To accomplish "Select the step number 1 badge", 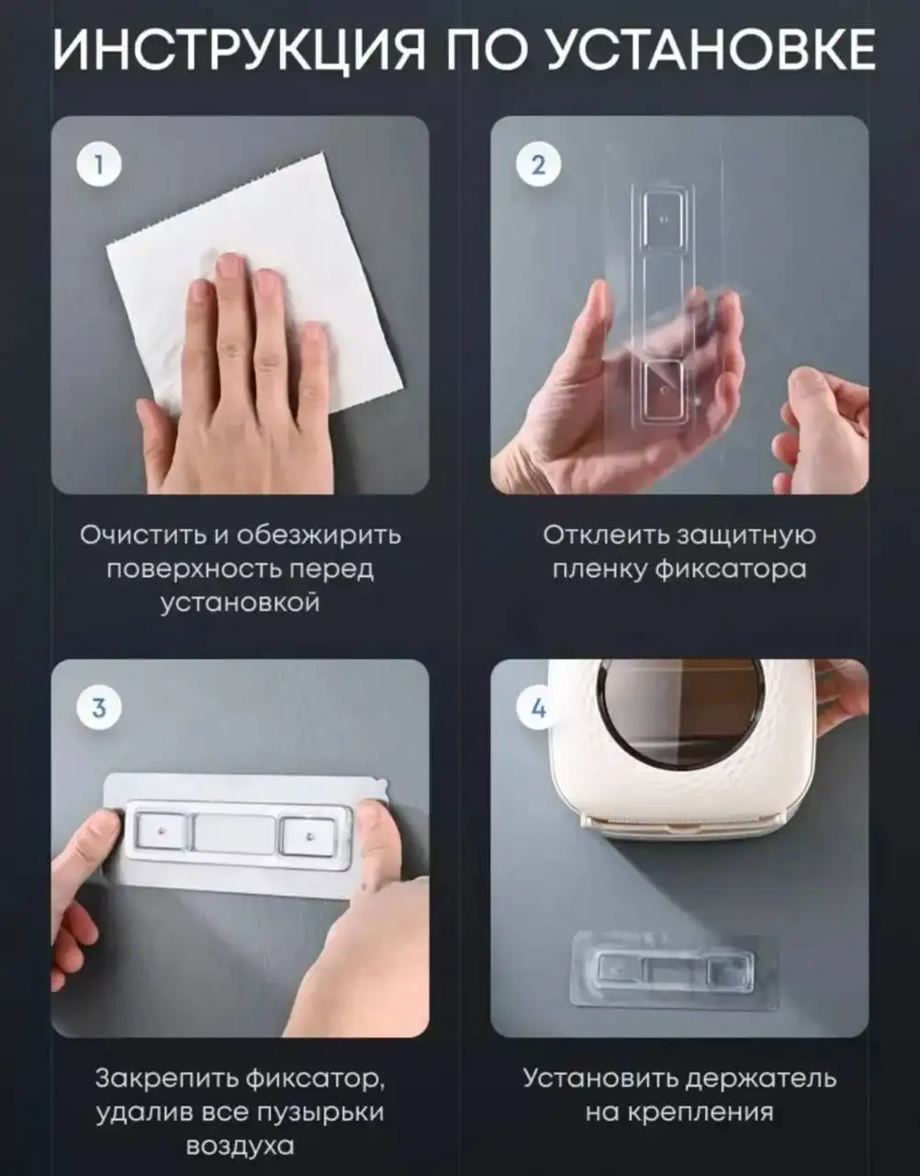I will pos(98,164).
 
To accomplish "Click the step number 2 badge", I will pos(538,164).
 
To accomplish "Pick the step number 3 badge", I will pos(98,707).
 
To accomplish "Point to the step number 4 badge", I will pos(538,707).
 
